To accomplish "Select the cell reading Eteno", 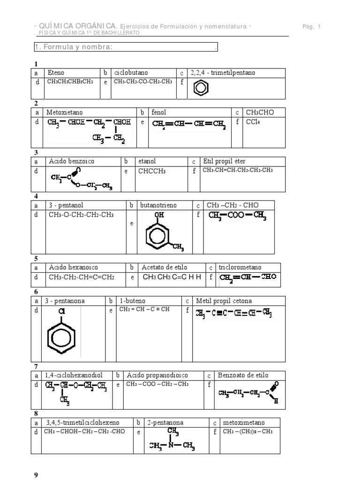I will (x=56, y=73).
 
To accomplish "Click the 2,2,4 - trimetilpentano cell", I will (x=219, y=73).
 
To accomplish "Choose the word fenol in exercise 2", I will (x=159, y=112).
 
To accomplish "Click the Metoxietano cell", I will (x=65, y=112).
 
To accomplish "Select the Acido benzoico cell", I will (x=71, y=161).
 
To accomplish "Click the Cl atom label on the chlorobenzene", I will (x=61, y=311).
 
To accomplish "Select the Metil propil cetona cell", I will (x=222, y=301).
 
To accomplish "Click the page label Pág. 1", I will (x=311, y=27).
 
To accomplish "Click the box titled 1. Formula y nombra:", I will (x=126, y=47).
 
